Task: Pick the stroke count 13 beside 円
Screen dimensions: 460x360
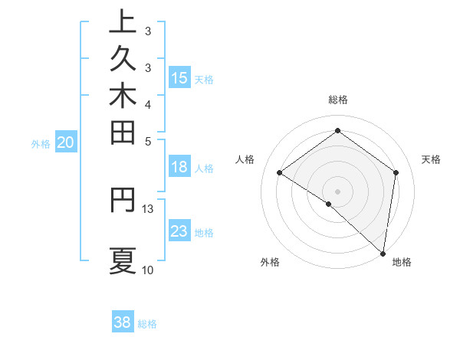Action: tap(148, 208)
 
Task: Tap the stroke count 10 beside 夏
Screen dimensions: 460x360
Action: tap(148, 270)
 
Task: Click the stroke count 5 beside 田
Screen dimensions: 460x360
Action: tap(148, 141)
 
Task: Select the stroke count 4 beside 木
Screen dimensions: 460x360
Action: tap(148, 104)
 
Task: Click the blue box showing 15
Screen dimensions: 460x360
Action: tap(179, 77)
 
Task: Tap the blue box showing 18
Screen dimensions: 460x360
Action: tap(179, 168)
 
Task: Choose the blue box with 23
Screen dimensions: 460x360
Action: tap(179, 231)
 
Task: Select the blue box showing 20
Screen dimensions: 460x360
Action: tap(66, 142)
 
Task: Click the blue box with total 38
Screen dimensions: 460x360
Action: tap(123, 322)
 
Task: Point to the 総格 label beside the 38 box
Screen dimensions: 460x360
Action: tap(147, 324)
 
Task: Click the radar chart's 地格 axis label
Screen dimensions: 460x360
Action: tap(402, 263)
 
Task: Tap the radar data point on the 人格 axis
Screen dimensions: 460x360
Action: tap(280, 172)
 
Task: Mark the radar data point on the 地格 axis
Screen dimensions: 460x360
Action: tap(383, 253)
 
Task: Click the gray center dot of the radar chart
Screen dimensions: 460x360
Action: tap(337, 191)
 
